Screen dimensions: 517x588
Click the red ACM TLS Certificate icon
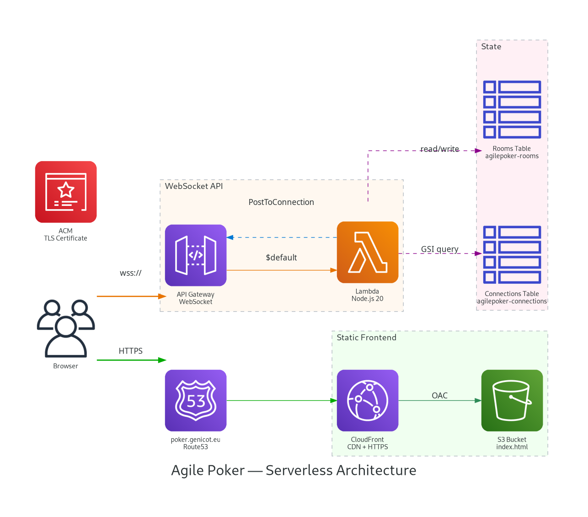[66, 192]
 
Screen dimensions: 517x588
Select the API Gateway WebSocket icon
[196, 255]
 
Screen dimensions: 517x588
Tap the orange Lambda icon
[368, 252]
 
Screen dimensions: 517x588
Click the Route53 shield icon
[196, 400]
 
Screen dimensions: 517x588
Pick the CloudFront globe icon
[368, 400]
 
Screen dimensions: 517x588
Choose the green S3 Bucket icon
[512, 400]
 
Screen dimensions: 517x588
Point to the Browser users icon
[66, 329]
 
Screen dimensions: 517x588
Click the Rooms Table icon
[512, 109]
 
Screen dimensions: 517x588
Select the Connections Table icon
[512, 254]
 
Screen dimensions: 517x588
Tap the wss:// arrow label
[131, 273]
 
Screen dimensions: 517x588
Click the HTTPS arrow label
[131, 351]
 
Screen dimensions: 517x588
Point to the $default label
[281, 258]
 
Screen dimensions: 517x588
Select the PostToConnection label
[281, 202]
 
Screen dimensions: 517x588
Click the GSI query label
[439, 249]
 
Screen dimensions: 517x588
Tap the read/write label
[439, 149]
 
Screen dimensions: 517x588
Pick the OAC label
[439, 395]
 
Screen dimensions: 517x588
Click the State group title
[491, 47]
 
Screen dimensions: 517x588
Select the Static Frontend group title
[366, 338]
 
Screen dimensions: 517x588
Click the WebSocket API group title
[194, 186]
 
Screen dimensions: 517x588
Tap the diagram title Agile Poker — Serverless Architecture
[294, 470]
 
